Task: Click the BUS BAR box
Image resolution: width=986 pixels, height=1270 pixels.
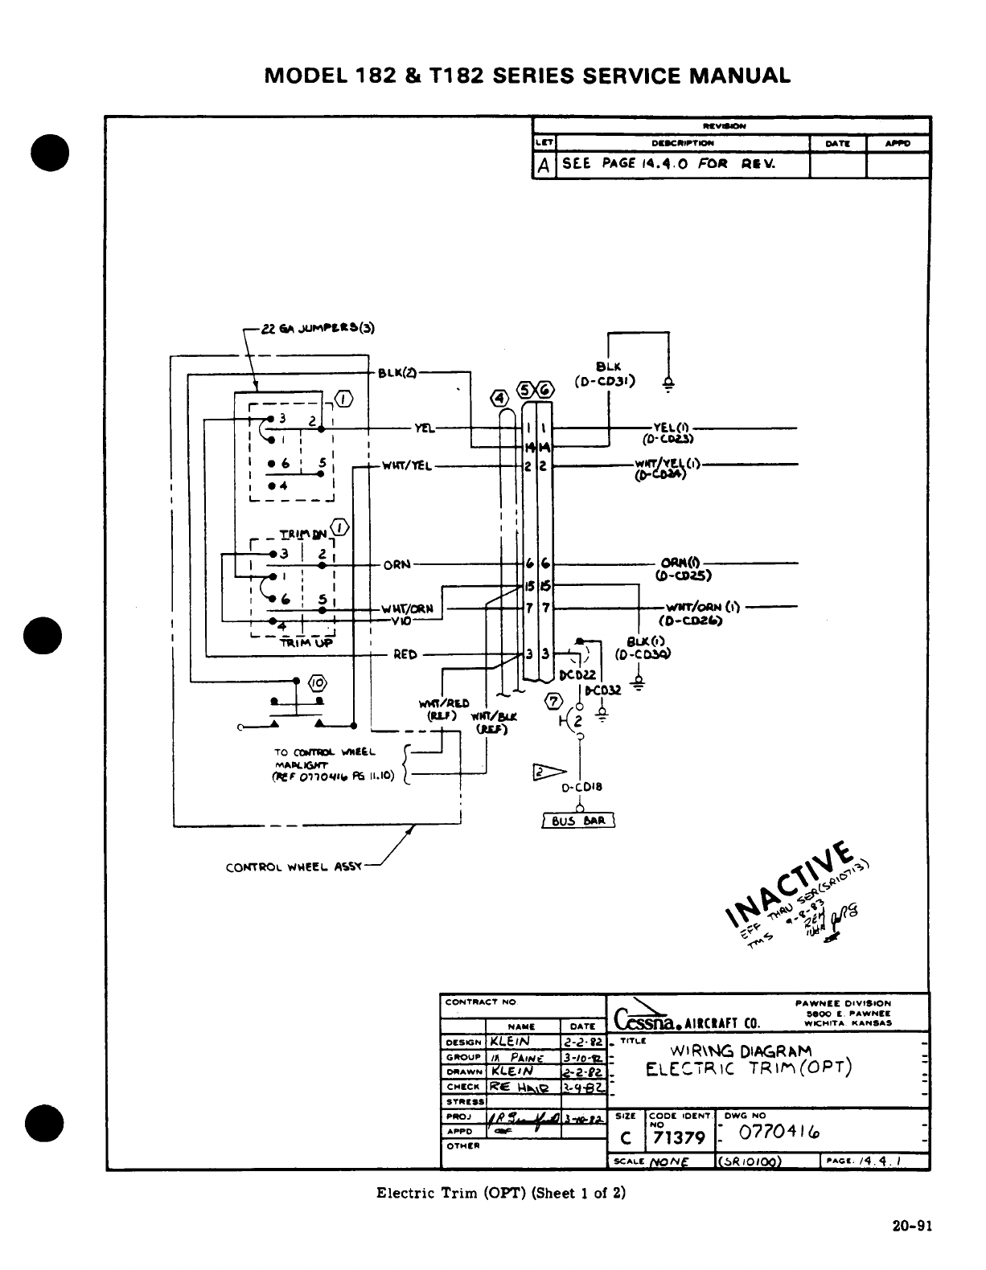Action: coord(578,821)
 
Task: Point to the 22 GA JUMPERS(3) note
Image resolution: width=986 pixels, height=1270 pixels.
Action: coord(318,328)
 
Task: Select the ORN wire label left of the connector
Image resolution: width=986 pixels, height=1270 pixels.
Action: coord(396,564)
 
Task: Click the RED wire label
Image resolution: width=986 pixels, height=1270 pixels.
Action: coord(405,654)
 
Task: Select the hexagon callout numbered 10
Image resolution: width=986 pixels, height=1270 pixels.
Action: coord(318,683)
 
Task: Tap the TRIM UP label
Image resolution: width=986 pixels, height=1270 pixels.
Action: coord(305,641)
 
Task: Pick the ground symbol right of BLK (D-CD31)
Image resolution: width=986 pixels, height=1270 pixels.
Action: coord(668,383)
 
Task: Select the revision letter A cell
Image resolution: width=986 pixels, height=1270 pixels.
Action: coord(544,165)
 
